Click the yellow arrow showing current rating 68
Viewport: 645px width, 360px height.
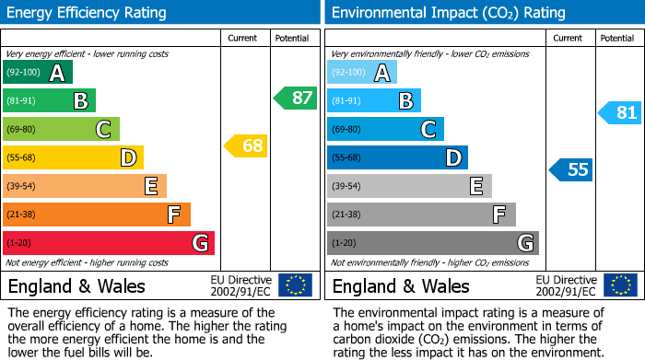click(245, 145)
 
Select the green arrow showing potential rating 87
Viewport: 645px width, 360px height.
click(295, 98)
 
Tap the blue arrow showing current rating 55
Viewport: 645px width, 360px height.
click(571, 169)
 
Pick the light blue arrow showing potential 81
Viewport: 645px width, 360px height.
click(620, 113)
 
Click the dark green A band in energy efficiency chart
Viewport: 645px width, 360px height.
click(38, 73)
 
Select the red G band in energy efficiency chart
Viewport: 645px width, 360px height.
click(109, 243)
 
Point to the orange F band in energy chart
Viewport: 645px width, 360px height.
click(97, 215)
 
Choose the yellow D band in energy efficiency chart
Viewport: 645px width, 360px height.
click(73, 158)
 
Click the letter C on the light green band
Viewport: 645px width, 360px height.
click(103, 130)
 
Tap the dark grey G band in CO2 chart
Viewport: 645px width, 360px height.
click(432, 243)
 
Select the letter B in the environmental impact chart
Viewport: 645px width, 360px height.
click(405, 101)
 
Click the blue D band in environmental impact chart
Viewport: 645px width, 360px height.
click(397, 158)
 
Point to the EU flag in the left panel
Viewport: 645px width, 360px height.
click(295, 285)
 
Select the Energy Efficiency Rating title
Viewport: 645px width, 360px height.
click(88, 13)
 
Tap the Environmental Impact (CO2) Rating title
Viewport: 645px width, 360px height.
click(448, 13)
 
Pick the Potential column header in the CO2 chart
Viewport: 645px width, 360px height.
click(616, 38)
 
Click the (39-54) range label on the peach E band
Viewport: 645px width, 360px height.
click(21, 187)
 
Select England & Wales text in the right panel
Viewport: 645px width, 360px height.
click(401, 285)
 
